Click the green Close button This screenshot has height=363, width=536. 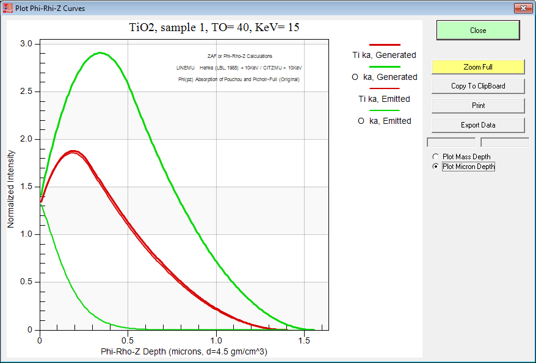[478, 31]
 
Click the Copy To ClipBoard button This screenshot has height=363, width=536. [478, 86]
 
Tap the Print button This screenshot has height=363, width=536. [478, 106]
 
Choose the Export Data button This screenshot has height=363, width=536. [478, 125]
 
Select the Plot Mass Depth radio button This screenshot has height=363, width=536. [435, 157]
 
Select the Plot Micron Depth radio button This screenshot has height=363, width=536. [435, 167]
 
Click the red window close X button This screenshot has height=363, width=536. [523, 8]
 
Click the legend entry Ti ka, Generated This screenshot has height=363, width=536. [384, 55]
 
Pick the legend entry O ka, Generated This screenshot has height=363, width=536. [384, 77]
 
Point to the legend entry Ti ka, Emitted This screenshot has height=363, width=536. [384, 99]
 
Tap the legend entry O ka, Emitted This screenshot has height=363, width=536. [384, 121]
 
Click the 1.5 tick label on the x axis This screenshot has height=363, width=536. [304, 340]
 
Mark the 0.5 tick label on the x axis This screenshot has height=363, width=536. [128, 340]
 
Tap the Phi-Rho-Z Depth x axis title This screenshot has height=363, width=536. [184, 352]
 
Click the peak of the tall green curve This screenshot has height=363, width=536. [101, 53]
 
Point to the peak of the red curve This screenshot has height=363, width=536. [73, 151]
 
